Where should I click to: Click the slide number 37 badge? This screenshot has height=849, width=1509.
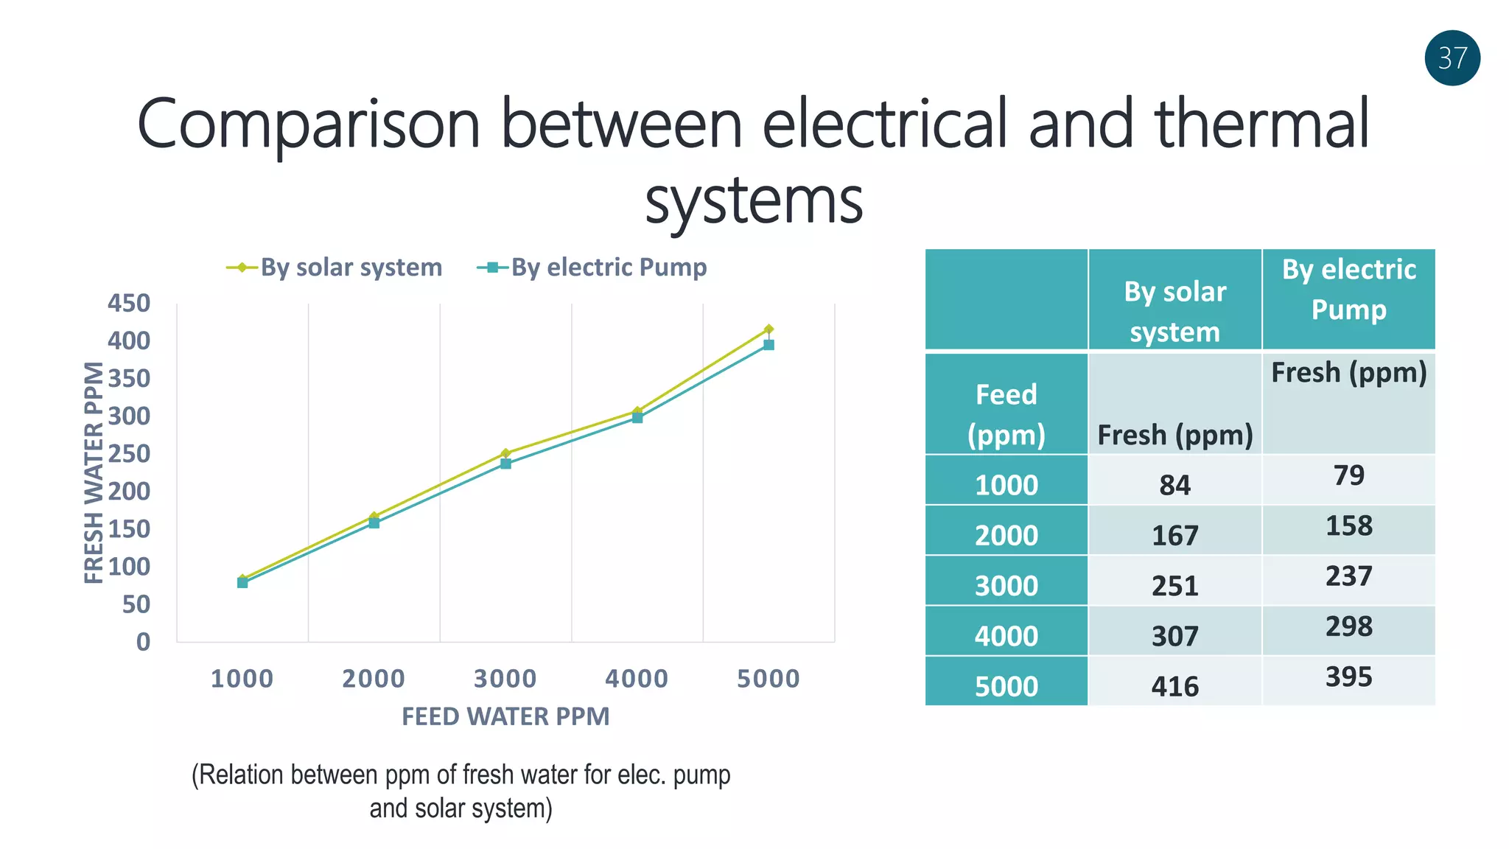1452,58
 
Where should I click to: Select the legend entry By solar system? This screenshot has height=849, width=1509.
351,268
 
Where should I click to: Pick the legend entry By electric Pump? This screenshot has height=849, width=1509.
608,268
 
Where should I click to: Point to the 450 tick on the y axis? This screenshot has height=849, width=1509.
129,303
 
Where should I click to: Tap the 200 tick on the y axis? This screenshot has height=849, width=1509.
129,491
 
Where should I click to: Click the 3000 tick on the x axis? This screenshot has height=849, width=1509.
505,679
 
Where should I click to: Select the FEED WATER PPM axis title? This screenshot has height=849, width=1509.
505,716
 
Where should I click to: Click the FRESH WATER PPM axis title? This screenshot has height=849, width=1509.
94,472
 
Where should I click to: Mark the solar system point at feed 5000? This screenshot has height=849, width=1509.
768,329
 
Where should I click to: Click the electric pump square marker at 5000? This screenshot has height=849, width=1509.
768,345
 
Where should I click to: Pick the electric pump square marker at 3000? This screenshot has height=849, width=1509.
505,464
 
